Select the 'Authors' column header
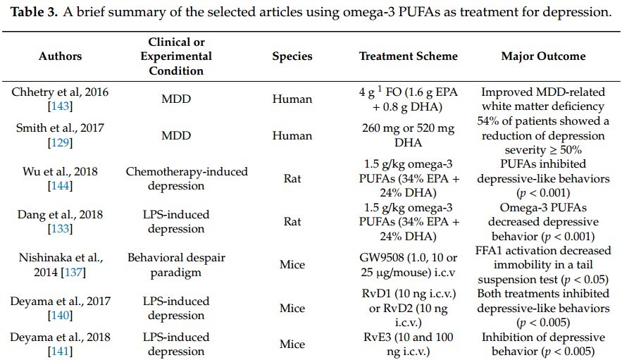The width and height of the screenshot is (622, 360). point(60,56)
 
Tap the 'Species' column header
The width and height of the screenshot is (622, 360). point(292,56)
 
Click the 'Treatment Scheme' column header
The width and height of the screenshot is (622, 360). point(408,56)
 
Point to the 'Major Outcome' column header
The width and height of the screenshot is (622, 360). point(542,56)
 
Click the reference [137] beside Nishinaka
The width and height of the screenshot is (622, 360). point(81,272)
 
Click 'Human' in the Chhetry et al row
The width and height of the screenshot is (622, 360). point(292,99)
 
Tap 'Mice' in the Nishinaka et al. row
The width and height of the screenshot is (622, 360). point(292,265)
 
